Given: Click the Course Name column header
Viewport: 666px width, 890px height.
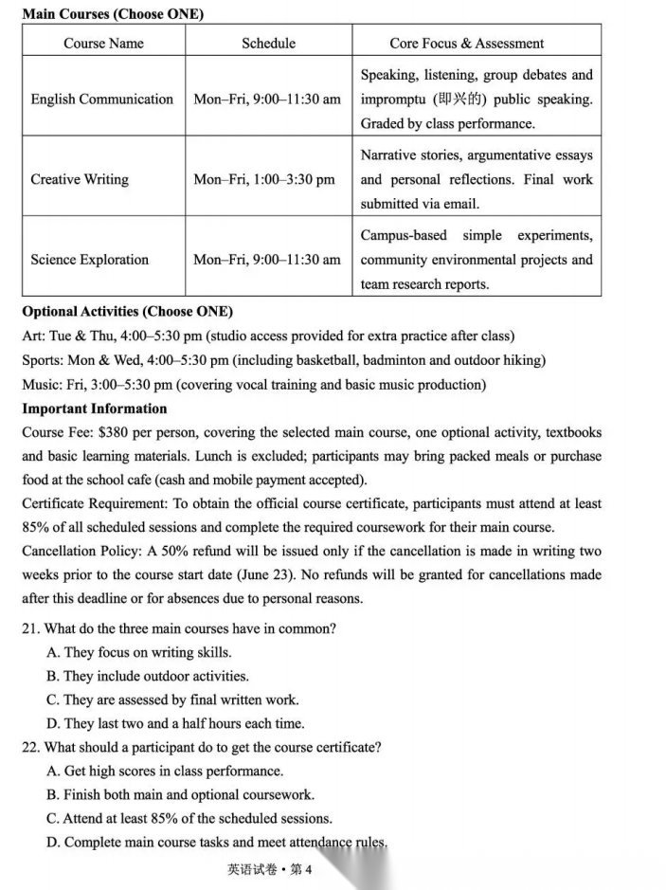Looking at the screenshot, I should point(103,43).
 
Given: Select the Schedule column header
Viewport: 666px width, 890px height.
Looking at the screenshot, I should point(268,43).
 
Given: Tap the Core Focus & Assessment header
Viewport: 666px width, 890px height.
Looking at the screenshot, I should point(466,43).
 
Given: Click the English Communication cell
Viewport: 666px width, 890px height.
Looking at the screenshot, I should point(102,99).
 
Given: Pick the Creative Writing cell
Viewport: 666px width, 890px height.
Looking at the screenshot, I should point(80,179).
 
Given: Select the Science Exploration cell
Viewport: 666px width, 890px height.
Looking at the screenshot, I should point(90,260).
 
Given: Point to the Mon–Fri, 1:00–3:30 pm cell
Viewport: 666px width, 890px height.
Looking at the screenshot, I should point(264,179).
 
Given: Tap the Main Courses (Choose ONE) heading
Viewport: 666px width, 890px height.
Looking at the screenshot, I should point(112,14).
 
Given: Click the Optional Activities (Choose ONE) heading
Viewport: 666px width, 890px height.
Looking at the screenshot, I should point(127,311).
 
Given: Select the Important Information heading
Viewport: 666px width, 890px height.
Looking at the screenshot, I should point(94,409).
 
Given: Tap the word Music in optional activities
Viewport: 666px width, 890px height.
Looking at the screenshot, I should point(40,384).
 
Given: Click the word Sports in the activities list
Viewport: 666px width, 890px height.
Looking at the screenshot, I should point(43,360).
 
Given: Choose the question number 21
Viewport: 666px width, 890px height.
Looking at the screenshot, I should point(30,628).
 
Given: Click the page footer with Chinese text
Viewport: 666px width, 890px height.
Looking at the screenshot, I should point(269,869).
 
